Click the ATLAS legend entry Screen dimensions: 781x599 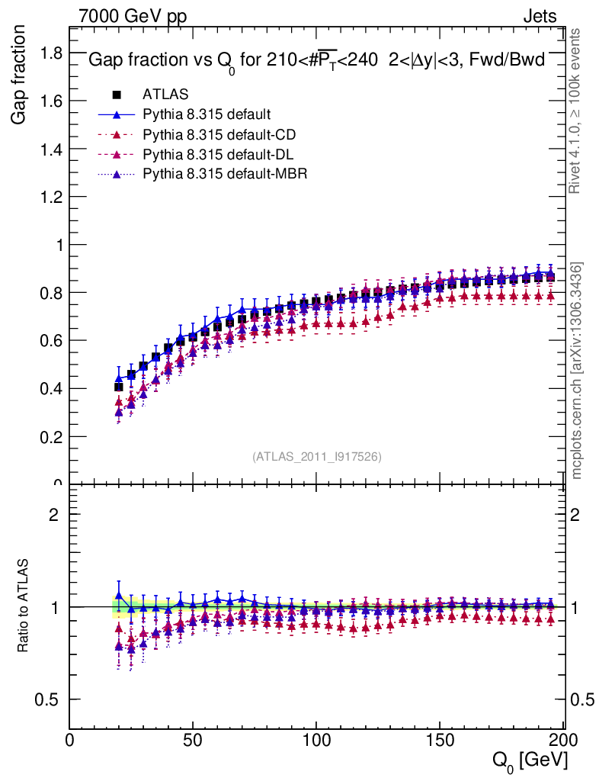pos(165,95)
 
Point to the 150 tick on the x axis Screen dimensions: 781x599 pos(440,741)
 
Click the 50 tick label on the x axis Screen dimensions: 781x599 pos(193,741)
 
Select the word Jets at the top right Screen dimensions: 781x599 pos(539,16)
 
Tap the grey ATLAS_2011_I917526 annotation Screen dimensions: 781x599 pos(317,456)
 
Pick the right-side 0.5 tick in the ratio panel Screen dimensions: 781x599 pos(581,700)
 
